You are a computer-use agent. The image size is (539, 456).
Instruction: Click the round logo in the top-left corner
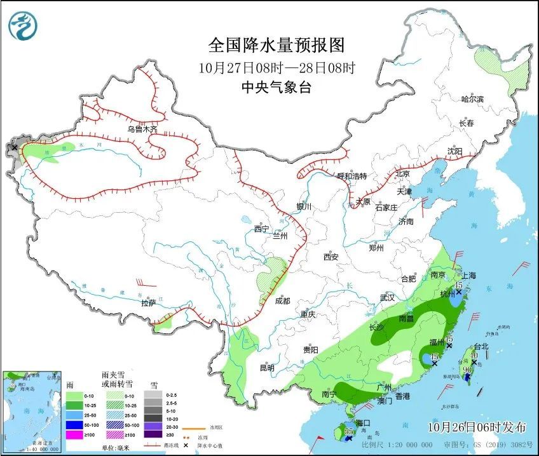pos(22,25)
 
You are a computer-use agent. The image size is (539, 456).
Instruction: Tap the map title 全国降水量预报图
pos(276,46)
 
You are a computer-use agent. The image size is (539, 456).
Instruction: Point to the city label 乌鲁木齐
pos(141,129)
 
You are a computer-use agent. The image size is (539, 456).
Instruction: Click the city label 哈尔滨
pos(472,99)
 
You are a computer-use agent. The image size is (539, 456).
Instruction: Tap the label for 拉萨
pos(148,304)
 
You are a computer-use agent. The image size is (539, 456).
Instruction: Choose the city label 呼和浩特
pos(351,176)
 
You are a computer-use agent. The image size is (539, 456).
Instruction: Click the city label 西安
pos(331,257)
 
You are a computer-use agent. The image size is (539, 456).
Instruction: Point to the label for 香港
pos(402,396)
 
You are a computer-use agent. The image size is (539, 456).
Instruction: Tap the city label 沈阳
pos(454,151)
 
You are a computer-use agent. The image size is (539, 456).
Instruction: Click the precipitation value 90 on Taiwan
pos(467,370)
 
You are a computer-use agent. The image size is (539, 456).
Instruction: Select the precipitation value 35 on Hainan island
pos(348,432)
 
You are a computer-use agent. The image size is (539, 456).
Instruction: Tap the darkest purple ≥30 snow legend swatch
pos(153,434)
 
